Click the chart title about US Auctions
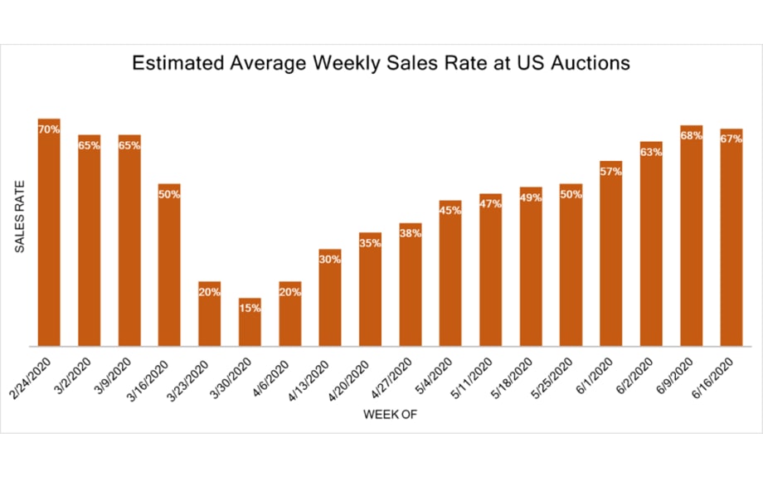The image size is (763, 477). [x=381, y=64]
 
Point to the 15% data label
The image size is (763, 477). [x=250, y=308]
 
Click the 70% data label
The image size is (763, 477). [x=49, y=129]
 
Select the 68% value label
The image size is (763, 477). [x=692, y=135]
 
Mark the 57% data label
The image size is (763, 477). [x=611, y=171]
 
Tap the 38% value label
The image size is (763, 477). [x=411, y=233]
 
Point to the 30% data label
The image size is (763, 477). [x=330, y=259]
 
